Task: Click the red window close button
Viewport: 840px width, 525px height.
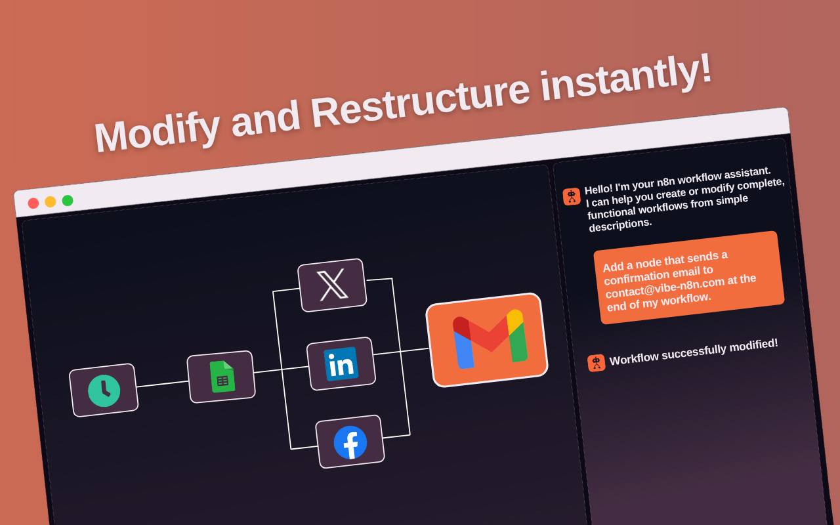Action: click(x=33, y=203)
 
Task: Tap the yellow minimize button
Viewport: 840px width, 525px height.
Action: click(x=51, y=201)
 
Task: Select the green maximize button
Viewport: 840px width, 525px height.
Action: click(x=68, y=201)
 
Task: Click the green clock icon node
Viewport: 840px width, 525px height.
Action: click(x=104, y=390)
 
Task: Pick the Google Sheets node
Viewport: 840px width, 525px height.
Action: click(x=221, y=377)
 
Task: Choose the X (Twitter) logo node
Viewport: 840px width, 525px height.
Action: click(x=332, y=285)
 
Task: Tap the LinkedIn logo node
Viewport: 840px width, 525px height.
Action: click(x=341, y=364)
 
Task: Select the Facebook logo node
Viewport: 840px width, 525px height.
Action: click(x=350, y=442)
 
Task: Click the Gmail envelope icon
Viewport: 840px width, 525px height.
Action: click(x=490, y=339)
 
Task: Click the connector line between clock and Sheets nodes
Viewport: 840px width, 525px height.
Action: click(x=162, y=384)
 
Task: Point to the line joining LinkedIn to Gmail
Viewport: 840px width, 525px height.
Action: click(x=401, y=351)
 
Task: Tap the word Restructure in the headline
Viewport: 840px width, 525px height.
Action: click(x=421, y=99)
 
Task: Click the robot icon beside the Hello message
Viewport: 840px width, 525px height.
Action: click(x=572, y=196)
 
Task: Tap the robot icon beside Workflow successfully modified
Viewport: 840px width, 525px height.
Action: click(x=597, y=363)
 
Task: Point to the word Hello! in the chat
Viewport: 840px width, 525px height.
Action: click(x=598, y=189)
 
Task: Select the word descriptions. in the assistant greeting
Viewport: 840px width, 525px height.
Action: click(x=620, y=225)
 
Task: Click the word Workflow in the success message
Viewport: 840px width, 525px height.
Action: click(x=634, y=358)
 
